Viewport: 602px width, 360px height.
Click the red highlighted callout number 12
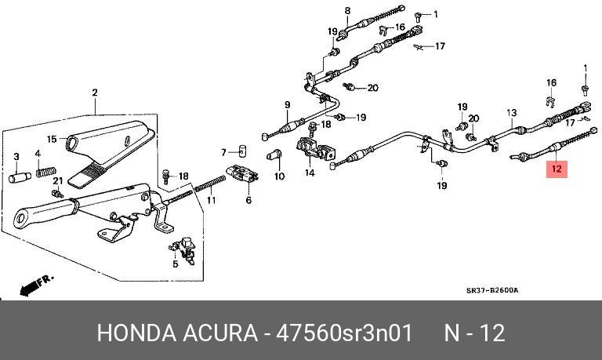tap(557, 168)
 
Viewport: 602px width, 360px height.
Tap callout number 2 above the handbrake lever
tap(95, 93)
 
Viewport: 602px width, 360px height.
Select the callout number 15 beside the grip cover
tap(52, 140)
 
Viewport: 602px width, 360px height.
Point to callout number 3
tap(16, 157)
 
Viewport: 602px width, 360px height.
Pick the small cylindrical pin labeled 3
tap(17, 177)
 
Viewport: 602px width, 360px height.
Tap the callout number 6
tap(248, 201)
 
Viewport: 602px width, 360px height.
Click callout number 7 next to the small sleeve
tap(223, 151)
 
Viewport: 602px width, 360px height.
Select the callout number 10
tap(279, 176)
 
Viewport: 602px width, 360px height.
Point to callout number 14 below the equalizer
tap(310, 173)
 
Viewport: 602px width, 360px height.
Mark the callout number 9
tap(287, 105)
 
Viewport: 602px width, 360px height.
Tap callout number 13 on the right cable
tap(511, 112)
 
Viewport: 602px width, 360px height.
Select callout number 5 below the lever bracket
tap(176, 264)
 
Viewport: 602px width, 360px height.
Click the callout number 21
tap(56, 181)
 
